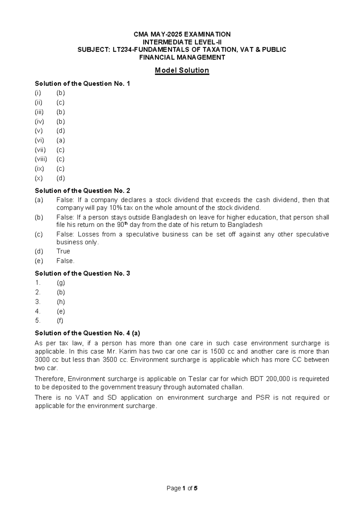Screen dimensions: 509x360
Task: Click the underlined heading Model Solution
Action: pyautogui.click(x=182, y=71)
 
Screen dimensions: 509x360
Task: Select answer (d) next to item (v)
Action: pyautogui.click(x=61, y=131)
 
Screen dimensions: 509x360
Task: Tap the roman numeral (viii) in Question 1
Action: pyautogui.click(x=41, y=159)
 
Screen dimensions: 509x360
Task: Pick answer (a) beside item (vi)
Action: pyautogui.click(x=61, y=140)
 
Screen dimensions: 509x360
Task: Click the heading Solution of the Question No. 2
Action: pyautogui.click(x=82, y=191)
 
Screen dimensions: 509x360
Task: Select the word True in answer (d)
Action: pyautogui.click(x=63, y=251)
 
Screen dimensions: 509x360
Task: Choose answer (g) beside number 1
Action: pyautogui.click(x=61, y=283)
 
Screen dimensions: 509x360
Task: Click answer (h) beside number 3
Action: pyautogui.click(x=61, y=302)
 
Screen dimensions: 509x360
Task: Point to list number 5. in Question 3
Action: pyautogui.click(x=37, y=321)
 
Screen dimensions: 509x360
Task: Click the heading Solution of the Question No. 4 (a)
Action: pyautogui.click(x=87, y=333)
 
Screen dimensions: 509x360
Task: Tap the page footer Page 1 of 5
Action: pyautogui.click(x=182, y=488)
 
